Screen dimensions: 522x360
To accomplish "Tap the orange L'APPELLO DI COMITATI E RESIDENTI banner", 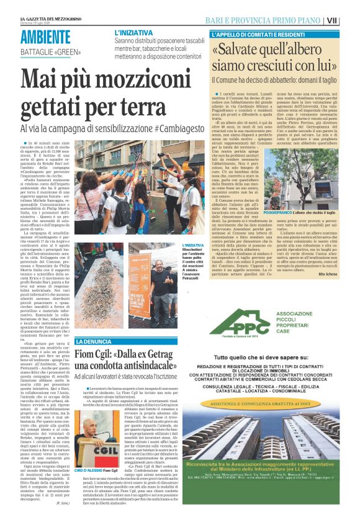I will [261, 34].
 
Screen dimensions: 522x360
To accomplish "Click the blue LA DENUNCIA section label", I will [92, 342].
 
